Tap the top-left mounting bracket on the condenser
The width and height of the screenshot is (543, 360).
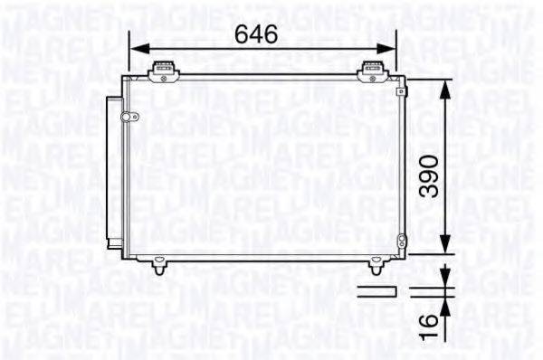point(163,69)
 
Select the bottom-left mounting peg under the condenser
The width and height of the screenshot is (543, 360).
point(160,267)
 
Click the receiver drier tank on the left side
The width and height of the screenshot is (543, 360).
point(112,172)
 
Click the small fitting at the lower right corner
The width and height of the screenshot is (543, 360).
point(401,242)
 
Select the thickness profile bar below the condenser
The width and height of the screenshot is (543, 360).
point(375,290)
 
